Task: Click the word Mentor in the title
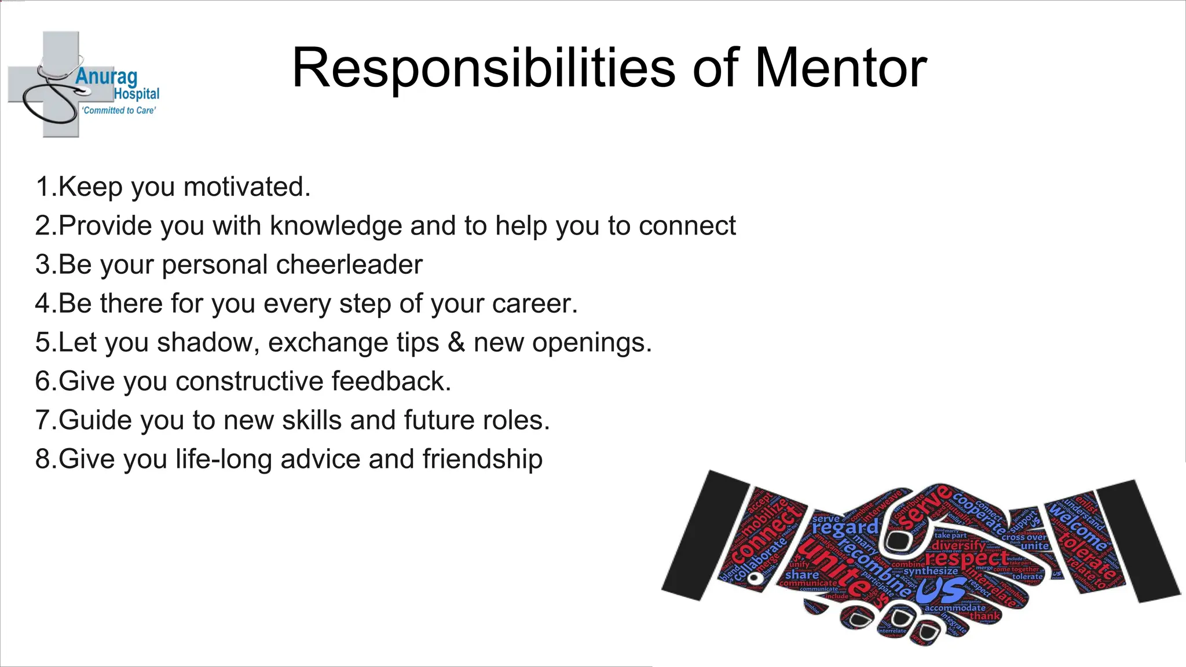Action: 841,68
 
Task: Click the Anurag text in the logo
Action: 107,77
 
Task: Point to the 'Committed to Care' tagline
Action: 119,110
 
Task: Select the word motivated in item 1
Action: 247,187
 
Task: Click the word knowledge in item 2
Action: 336,226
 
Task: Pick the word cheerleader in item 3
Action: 350,265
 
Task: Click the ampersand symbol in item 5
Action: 456,342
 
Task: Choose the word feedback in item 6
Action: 390,381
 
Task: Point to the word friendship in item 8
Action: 482,459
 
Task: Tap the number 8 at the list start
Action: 43,459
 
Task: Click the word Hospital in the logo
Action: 137,94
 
